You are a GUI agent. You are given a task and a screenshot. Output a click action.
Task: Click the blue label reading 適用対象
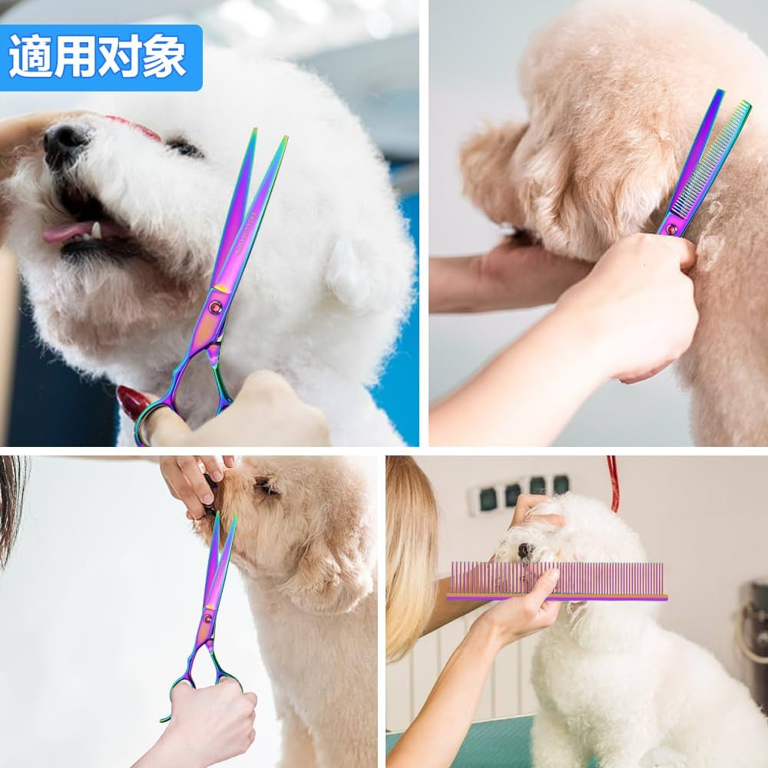pyautogui.click(x=100, y=58)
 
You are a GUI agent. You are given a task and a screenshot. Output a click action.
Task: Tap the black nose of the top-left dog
pyautogui.click(x=65, y=143)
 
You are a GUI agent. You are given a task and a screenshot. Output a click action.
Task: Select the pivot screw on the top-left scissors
pyautogui.click(x=216, y=307)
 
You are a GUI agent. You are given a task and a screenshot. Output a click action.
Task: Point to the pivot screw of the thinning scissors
pyautogui.click(x=673, y=228)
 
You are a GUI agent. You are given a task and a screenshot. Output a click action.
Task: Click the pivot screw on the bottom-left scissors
pyautogui.click(x=207, y=618)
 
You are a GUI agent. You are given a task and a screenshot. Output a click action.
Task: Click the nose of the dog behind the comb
pyautogui.click(x=525, y=551)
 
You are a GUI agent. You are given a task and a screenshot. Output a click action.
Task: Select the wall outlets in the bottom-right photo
pyautogui.click(x=522, y=492)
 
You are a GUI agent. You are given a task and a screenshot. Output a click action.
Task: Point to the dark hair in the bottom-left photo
pyautogui.click(x=12, y=499)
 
